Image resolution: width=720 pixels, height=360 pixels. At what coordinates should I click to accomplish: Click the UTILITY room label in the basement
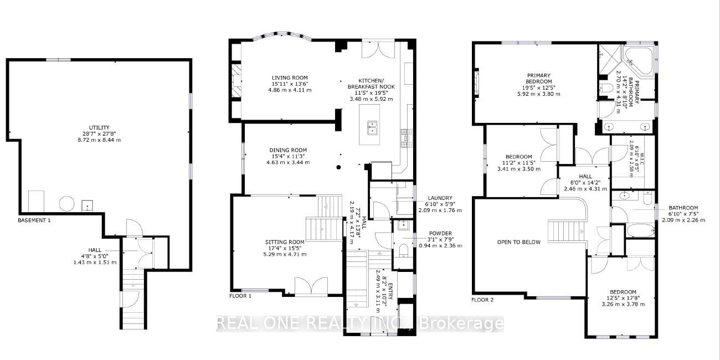[x=99, y=127]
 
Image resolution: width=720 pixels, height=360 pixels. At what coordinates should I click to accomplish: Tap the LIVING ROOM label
[x=290, y=78]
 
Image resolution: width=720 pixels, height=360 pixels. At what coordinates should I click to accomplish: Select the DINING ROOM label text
[x=288, y=150]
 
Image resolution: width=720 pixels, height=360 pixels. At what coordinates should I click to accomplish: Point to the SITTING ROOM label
[x=285, y=242]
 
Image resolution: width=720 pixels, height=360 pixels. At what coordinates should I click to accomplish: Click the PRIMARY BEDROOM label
[x=539, y=79]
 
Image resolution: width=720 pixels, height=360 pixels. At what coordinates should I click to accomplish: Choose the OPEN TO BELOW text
[x=519, y=242]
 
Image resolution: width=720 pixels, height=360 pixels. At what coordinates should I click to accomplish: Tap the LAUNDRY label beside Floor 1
[x=440, y=198]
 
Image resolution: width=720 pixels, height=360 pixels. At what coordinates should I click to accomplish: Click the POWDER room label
[x=440, y=233]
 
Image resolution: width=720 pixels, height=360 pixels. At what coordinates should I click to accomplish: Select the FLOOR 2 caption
[x=482, y=300]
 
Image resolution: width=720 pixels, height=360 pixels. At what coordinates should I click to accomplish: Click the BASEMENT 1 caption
[x=34, y=220]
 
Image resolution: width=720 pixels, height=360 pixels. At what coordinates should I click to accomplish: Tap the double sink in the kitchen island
[x=372, y=127]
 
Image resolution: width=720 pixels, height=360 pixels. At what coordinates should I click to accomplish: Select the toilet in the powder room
[x=403, y=250]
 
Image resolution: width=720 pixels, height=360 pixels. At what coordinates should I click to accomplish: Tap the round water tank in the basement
[x=67, y=204]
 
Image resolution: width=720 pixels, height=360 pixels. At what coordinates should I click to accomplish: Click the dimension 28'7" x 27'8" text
[x=99, y=133]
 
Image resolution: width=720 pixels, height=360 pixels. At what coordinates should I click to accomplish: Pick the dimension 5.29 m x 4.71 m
[x=285, y=254]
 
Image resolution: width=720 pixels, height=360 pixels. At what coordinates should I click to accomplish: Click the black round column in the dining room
[x=338, y=167]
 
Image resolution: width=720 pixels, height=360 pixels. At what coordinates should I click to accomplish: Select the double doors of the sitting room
[x=311, y=285]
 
